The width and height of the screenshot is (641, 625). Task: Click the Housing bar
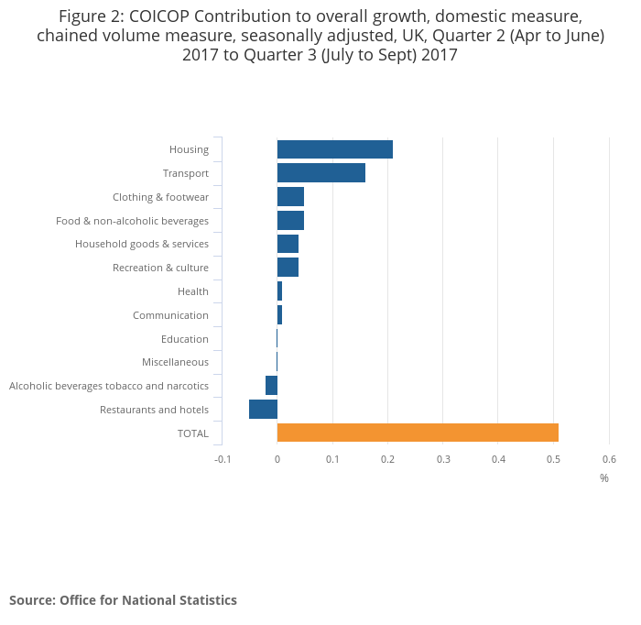coord(334,149)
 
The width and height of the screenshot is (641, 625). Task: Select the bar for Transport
coord(320,173)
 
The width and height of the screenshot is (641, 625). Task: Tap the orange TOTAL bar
coord(418,433)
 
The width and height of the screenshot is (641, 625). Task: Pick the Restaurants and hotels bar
coord(263,410)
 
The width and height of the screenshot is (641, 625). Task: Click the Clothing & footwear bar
coord(290,197)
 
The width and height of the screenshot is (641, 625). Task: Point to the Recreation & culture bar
coord(288,268)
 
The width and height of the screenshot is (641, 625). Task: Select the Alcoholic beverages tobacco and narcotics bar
coord(271,386)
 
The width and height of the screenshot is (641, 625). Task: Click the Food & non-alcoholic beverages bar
coord(290,221)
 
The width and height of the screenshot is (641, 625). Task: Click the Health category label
coord(192,291)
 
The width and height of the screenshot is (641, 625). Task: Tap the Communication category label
coord(170,315)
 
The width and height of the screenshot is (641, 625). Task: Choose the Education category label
coord(184,339)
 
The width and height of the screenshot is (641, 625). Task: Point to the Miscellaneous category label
coord(175,363)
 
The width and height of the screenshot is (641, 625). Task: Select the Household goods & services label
coord(141,245)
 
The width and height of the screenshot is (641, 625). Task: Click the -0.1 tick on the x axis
coord(223,459)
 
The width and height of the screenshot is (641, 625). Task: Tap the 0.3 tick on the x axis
coord(443,459)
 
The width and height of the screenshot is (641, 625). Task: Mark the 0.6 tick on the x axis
coord(609,459)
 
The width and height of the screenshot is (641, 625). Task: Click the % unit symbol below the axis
coord(604,478)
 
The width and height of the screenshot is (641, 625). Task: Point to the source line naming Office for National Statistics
coord(123,600)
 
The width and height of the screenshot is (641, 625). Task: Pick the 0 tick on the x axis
coord(277,459)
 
